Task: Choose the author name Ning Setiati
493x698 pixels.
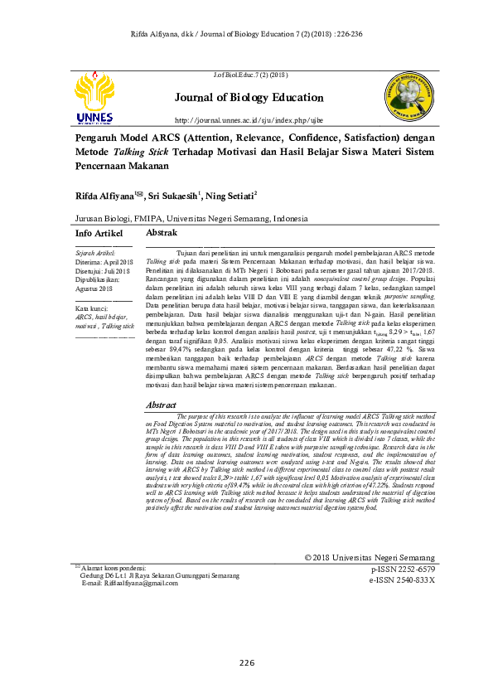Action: click(232, 197)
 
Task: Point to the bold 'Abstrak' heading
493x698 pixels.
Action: click(162, 234)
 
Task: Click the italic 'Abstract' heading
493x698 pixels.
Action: click(162, 405)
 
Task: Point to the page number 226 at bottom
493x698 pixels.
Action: click(247, 662)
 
